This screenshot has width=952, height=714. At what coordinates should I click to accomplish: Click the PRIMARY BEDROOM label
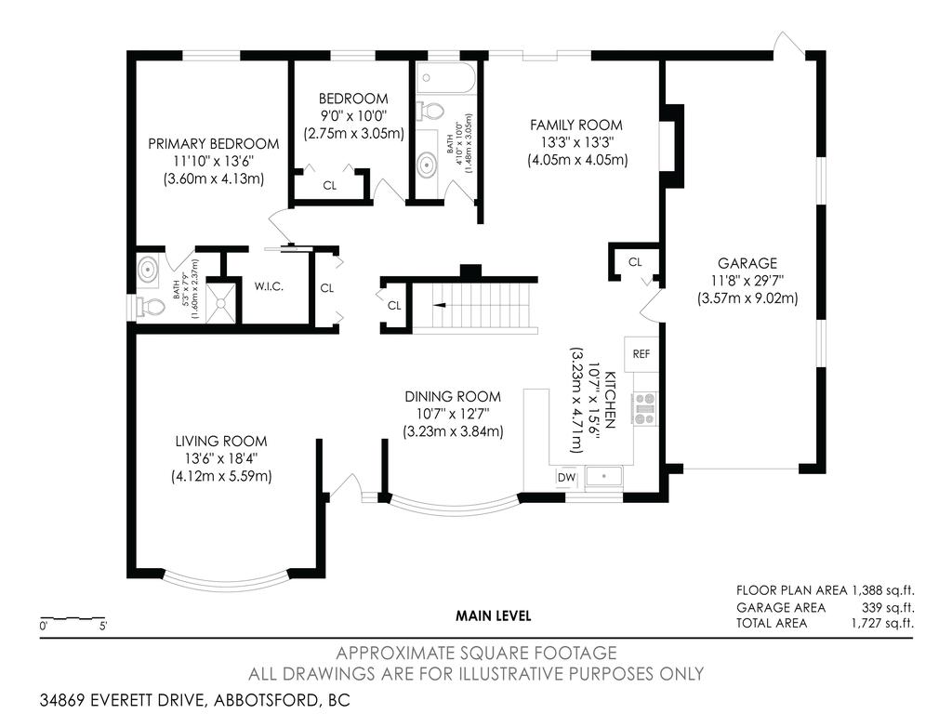click(214, 144)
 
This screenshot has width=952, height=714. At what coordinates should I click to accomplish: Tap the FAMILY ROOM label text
click(575, 125)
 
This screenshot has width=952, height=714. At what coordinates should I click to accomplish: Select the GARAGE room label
click(747, 263)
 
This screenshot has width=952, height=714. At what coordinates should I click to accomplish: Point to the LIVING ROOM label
click(220, 441)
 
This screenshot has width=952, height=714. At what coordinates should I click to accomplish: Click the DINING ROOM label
click(452, 396)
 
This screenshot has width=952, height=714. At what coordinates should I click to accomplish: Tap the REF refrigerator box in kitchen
click(641, 353)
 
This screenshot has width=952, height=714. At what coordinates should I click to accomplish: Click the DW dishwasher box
click(565, 477)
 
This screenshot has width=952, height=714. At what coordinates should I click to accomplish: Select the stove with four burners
click(643, 409)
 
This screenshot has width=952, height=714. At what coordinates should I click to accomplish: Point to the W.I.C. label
click(269, 286)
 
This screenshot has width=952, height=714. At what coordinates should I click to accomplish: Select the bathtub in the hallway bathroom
click(447, 80)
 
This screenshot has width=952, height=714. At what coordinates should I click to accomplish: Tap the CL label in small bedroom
click(329, 185)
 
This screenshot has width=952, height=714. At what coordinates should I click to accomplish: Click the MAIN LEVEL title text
click(493, 615)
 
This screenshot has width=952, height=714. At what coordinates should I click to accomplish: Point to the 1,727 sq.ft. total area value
click(880, 623)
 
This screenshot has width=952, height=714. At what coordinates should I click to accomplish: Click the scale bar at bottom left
click(73, 618)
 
